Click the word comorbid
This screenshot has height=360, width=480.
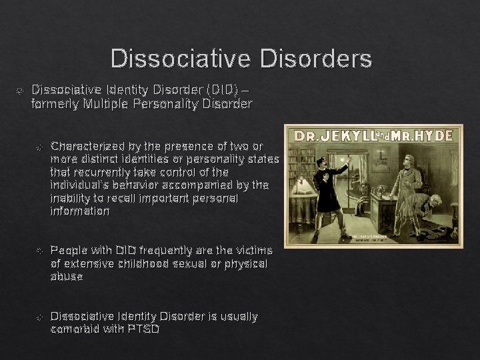click(73, 329)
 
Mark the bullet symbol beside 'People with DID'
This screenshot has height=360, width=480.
click(39, 251)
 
